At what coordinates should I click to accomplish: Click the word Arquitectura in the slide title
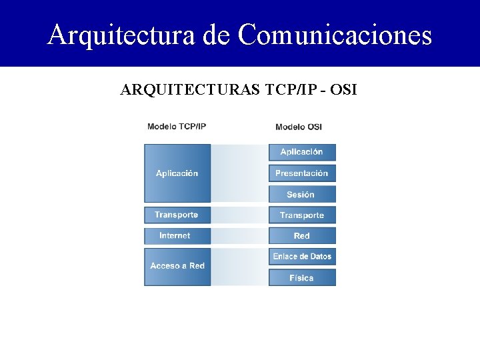121,35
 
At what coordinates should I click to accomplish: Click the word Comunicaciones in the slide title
335,35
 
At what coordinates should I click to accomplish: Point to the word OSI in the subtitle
343,89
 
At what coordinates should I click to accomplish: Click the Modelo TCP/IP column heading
177,127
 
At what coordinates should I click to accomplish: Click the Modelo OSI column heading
299,127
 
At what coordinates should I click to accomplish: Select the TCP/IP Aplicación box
177,173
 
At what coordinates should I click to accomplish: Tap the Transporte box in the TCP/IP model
177,215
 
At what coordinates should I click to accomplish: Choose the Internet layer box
177,235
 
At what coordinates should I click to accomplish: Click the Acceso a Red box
177,266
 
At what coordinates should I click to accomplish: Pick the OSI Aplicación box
302,152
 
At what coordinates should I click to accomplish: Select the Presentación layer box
302,173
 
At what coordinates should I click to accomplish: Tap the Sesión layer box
302,195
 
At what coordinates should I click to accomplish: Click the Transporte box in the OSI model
302,215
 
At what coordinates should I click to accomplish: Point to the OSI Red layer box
302,235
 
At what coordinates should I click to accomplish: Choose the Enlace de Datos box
302,257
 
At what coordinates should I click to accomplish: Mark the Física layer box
302,277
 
